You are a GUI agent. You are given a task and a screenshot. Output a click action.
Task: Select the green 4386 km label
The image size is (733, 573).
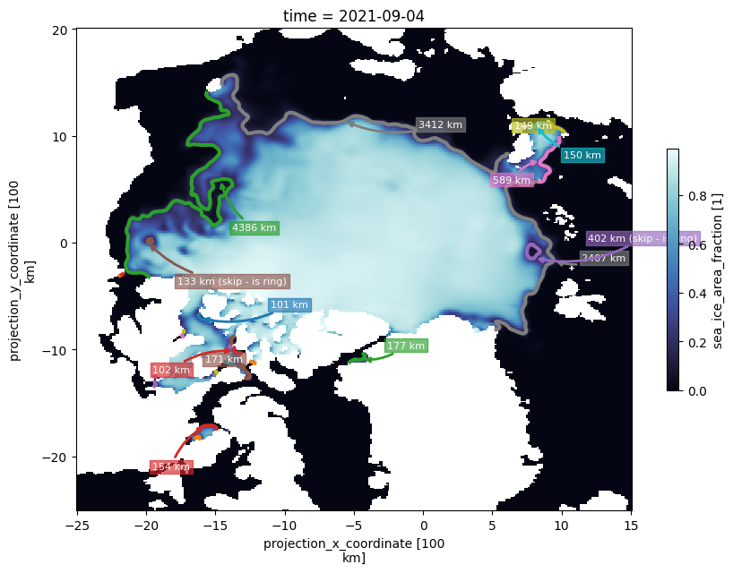254,227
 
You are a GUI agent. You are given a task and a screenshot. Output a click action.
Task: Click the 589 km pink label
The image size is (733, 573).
512,181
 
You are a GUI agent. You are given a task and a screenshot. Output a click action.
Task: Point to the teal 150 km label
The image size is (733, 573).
582,156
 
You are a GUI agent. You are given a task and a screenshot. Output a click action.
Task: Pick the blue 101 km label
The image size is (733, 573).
289,305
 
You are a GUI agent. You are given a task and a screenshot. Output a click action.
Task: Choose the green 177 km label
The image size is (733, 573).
406,346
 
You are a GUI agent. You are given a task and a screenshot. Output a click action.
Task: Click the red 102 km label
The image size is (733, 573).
171,370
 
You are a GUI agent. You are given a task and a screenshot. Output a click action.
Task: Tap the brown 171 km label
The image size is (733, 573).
223,359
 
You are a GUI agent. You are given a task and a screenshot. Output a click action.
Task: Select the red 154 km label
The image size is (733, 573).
170,466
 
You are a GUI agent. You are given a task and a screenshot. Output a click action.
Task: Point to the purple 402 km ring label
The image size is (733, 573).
642,238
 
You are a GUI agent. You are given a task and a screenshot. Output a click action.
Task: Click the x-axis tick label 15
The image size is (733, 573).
631,526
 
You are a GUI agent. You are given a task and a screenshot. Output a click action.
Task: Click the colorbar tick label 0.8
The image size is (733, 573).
691,195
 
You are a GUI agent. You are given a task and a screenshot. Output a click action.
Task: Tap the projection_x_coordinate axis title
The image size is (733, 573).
353,550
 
